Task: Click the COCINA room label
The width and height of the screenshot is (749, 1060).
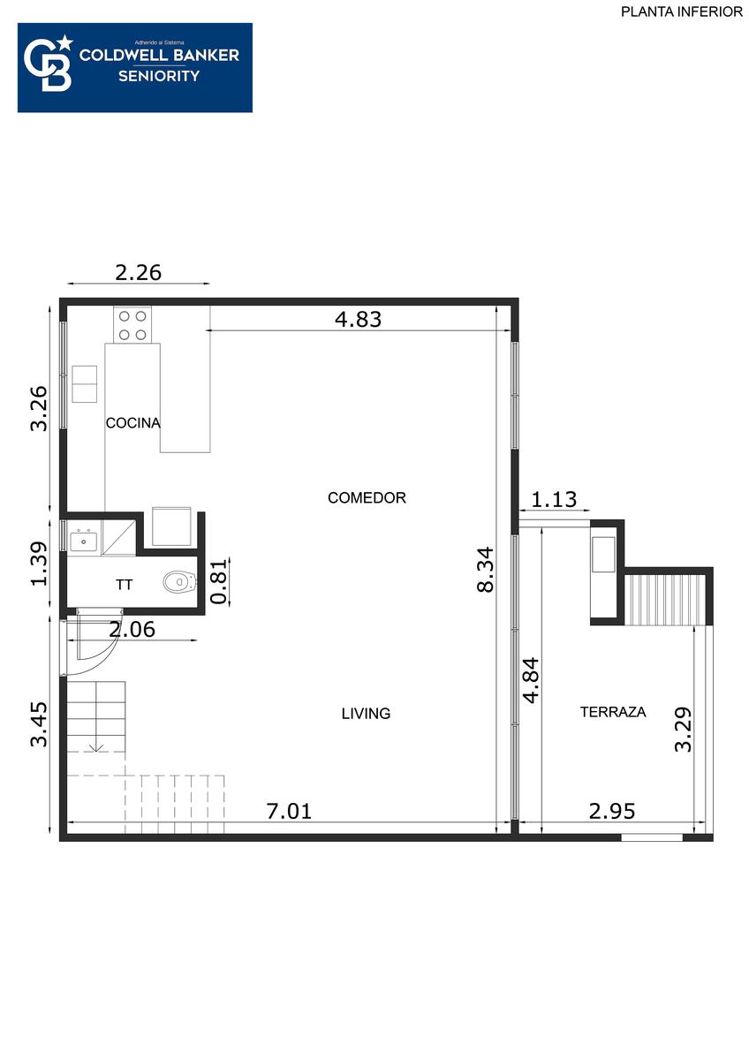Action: click(133, 422)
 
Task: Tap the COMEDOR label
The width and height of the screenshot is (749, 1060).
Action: click(367, 497)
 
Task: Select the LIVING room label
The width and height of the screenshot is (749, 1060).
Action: click(366, 713)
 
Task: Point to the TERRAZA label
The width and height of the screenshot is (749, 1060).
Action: click(613, 712)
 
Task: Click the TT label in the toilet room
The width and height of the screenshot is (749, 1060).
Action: click(125, 585)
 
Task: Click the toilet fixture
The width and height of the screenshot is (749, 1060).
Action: click(180, 581)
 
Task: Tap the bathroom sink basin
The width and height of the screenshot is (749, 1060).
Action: click(84, 541)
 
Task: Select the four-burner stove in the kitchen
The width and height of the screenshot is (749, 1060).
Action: click(132, 325)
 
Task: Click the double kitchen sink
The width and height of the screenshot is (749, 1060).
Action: click(84, 383)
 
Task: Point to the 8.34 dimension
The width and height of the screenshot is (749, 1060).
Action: click(486, 571)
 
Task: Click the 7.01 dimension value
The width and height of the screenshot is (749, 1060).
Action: click(289, 811)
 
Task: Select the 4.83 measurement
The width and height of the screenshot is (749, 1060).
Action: click(359, 319)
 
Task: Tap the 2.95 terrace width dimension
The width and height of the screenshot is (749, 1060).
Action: click(612, 811)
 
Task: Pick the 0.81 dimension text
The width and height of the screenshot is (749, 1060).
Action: click(219, 581)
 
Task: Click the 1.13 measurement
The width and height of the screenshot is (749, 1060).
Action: click(554, 499)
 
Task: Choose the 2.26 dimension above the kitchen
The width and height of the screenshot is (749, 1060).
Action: click(138, 273)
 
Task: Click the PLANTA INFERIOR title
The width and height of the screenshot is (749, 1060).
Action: click(682, 11)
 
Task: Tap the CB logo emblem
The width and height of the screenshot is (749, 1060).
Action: click(49, 63)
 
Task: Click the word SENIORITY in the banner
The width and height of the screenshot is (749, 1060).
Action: click(159, 76)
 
